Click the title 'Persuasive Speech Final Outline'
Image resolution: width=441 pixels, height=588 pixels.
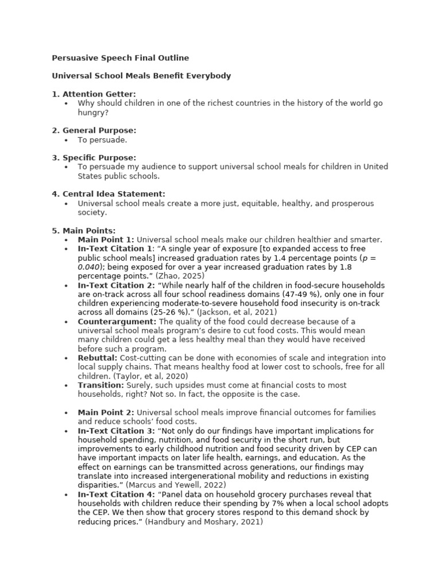pos(120,58)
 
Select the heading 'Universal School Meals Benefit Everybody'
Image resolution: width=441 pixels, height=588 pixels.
pos(141,76)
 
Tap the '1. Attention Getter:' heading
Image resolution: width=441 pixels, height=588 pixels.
pos(94,94)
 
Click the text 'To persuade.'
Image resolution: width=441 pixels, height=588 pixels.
pos(103,140)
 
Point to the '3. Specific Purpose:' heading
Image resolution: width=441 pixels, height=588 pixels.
pos(94,157)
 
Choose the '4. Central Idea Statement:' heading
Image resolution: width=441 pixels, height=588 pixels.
pos(109,194)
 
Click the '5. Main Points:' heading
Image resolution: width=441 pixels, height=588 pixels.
pos(84,230)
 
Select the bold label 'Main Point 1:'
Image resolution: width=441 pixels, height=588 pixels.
pos(106,239)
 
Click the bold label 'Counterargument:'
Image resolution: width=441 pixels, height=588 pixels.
pos(117,322)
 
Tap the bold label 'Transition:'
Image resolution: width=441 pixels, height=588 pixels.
pos(101,385)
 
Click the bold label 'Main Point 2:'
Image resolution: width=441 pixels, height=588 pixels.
pos(106,412)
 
